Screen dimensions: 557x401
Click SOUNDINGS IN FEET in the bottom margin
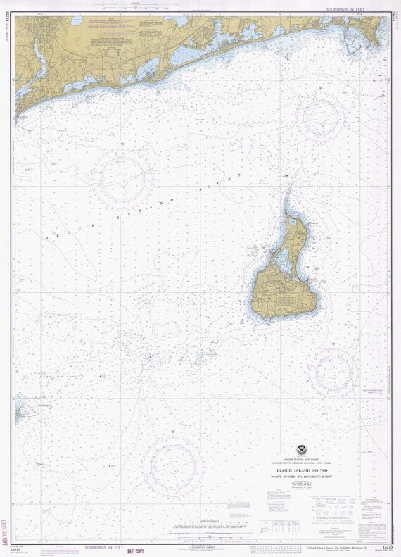[x=103, y=547]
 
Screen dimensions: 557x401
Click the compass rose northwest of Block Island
[x=125, y=180]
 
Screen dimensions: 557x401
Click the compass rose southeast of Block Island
[x=335, y=370]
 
